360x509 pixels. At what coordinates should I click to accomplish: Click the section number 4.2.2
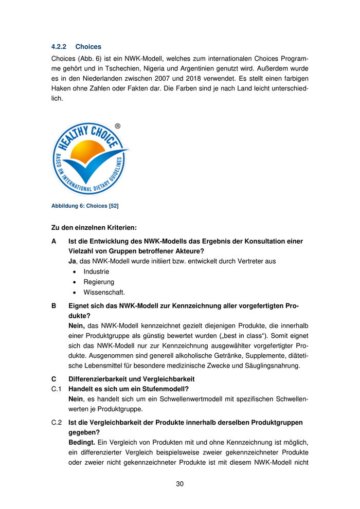click(x=59, y=47)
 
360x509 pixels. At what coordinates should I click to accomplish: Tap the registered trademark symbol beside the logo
click(x=118, y=126)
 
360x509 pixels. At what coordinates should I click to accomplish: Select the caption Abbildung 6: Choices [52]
click(x=85, y=206)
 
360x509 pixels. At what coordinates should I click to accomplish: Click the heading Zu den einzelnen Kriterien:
click(x=94, y=227)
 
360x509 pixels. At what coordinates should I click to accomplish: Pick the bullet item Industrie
click(x=96, y=271)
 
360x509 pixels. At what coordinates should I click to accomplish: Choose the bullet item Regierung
click(x=99, y=282)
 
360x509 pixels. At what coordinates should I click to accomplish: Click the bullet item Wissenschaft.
click(x=104, y=293)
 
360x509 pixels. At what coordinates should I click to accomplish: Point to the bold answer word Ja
click(x=72, y=261)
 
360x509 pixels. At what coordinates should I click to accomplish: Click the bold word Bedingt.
click(x=81, y=442)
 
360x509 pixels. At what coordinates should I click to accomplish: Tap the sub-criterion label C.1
click(x=57, y=389)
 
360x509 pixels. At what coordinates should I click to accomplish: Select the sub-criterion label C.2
click(x=57, y=422)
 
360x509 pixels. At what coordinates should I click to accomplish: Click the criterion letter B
click(x=53, y=306)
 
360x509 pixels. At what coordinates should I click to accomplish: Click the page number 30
click(x=179, y=484)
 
